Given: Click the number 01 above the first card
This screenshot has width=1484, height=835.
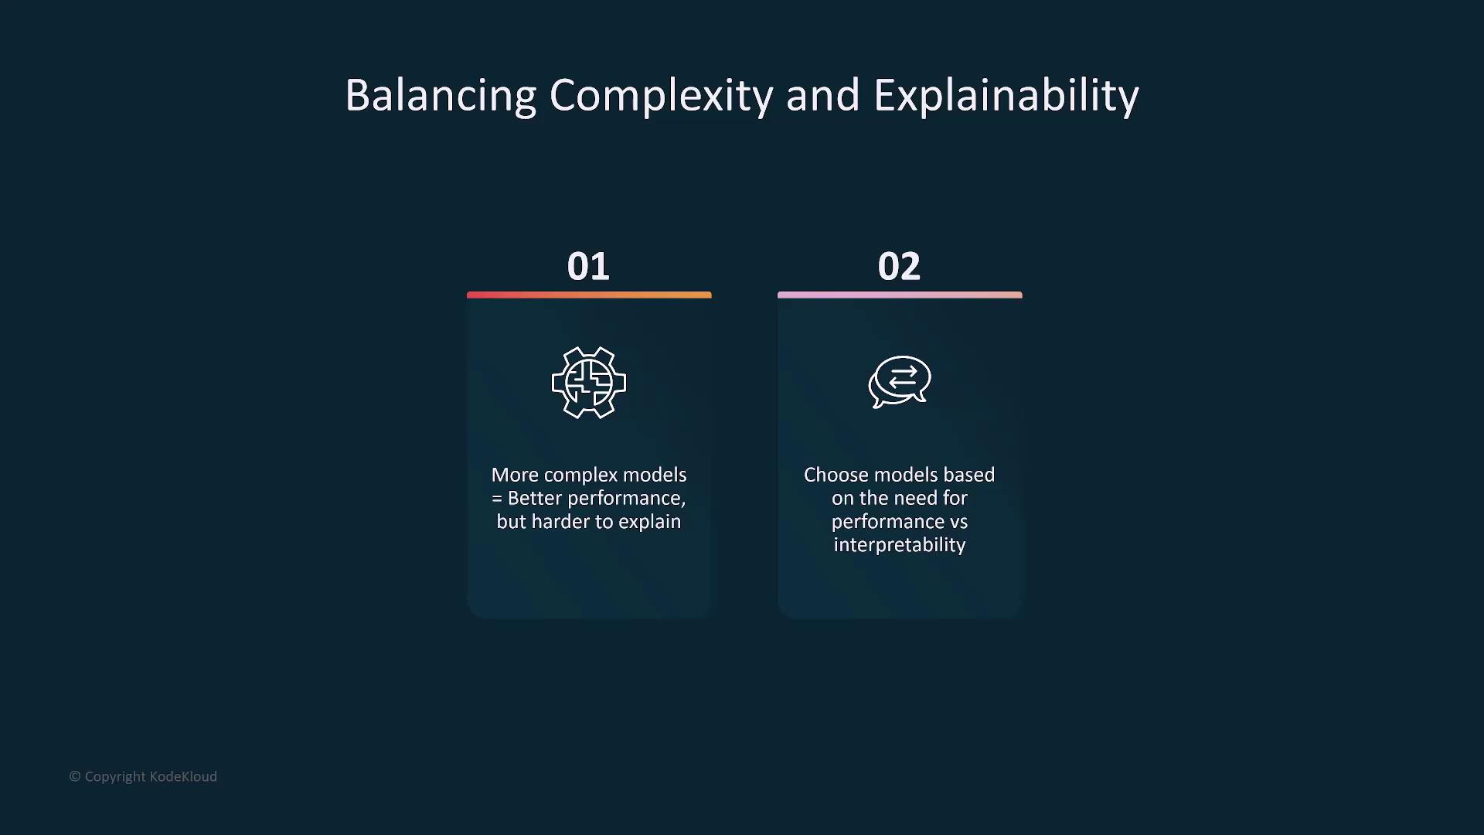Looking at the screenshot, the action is pos(588,267).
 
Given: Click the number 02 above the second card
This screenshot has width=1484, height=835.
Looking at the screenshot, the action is pos(899,267).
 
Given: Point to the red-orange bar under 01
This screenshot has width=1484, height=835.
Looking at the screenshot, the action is pos(589,295).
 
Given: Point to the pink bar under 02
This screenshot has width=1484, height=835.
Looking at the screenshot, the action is pos(900,295).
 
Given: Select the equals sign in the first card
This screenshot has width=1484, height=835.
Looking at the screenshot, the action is pos(497,499).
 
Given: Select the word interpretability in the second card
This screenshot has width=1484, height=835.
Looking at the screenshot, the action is pos(900,546).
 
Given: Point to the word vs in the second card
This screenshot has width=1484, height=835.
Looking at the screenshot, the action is pos(958,522).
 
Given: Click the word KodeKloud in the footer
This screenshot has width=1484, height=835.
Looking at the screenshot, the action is pos(183,776).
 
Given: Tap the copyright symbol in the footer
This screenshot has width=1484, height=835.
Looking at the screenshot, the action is pos(75,776).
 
